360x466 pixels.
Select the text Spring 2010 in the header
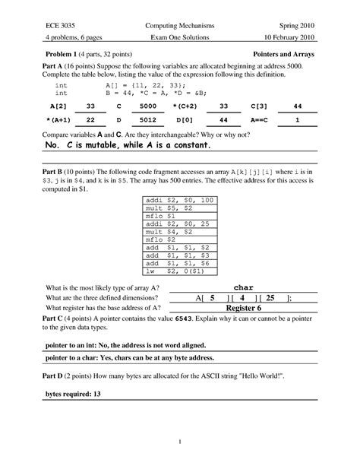(307, 25)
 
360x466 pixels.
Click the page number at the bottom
(179, 442)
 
